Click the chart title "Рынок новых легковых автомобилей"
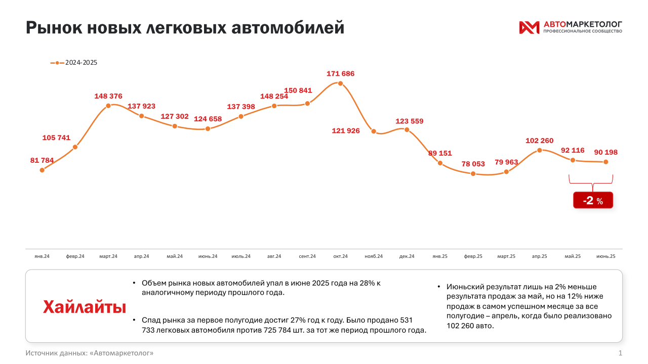coord(185,27)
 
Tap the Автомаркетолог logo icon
coord(529,27)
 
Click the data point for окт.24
coord(340,83)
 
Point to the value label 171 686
coord(340,74)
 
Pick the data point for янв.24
coord(42,170)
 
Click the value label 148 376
coord(108,96)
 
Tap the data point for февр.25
coord(473,173)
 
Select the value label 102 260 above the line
coord(540,141)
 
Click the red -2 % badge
coord(593,201)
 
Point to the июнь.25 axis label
coord(606,256)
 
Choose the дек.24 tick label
coord(407,256)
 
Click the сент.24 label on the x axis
coord(307,256)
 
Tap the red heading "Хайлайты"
coord(85,307)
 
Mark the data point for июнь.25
coord(605,162)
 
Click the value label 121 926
coord(346,131)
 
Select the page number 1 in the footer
coord(620,352)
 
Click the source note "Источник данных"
coord(90,352)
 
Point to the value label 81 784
coord(42,160)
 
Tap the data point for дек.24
coord(407,129)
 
